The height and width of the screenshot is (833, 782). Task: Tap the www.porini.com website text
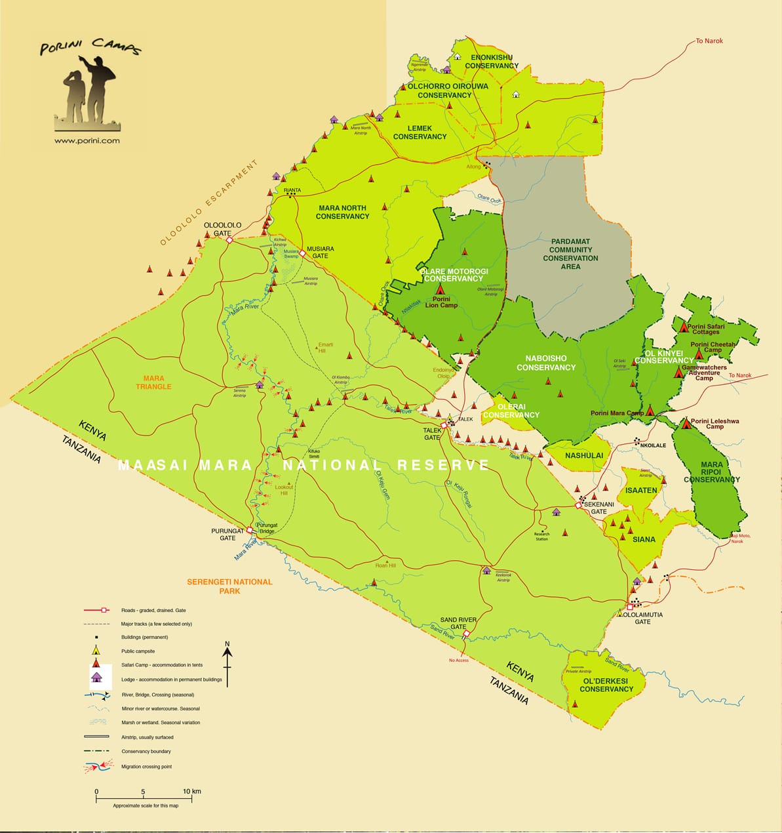(x=87, y=140)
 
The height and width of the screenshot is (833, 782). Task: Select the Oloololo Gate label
(x=223, y=229)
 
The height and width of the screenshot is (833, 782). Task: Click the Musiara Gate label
(x=321, y=253)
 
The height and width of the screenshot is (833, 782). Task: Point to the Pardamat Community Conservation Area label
(x=570, y=254)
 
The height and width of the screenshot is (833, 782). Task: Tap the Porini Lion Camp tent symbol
(x=440, y=289)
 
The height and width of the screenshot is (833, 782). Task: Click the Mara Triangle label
(x=154, y=382)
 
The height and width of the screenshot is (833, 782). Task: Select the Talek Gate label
(x=432, y=434)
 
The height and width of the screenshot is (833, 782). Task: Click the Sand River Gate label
(x=458, y=623)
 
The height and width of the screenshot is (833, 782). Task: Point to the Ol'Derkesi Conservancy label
(x=606, y=685)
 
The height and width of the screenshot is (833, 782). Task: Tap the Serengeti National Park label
(x=229, y=586)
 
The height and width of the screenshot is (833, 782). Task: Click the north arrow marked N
(x=227, y=649)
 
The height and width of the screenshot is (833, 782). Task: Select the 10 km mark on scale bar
(x=191, y=792)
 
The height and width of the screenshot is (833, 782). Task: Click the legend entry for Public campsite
(x=138, y=651)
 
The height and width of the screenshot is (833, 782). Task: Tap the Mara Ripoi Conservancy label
(x=711, y=472)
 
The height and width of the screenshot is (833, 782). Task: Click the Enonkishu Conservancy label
(x=492, y=62)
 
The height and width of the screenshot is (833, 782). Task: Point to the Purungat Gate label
(x=227, y=535)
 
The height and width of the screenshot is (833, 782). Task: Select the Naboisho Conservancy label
(x=545, y=363)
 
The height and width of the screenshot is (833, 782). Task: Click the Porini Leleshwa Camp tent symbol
(x=686, y=424)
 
